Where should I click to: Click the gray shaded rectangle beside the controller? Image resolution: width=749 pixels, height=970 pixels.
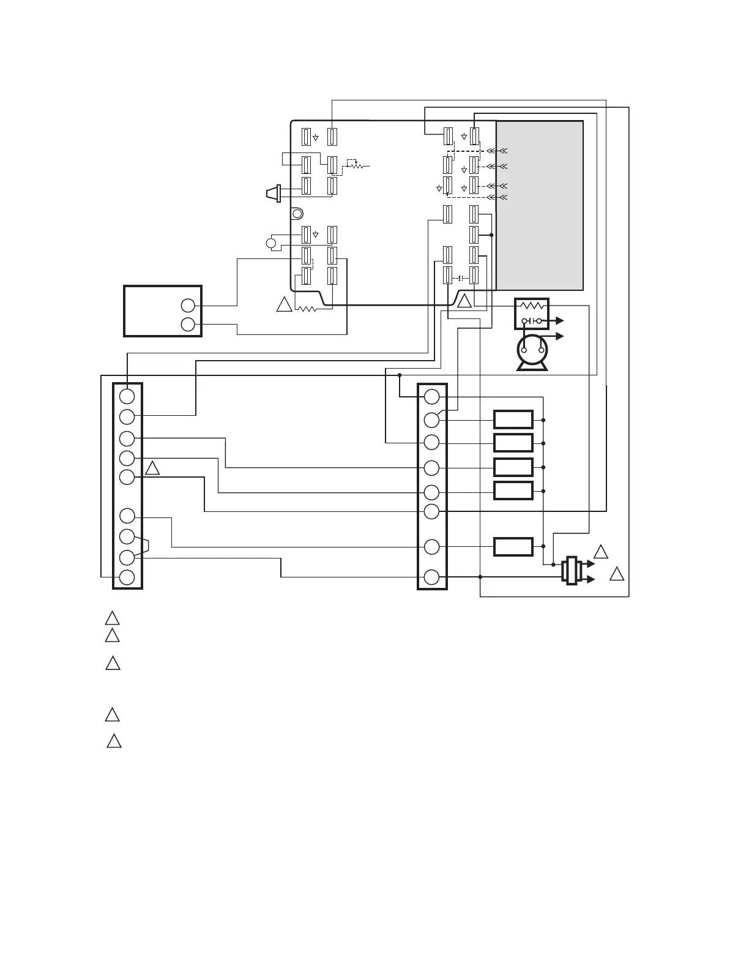pyautogui.click(x=539, y=205)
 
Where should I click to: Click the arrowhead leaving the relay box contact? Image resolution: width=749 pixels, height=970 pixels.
pyautogui.click(x=559, y=320)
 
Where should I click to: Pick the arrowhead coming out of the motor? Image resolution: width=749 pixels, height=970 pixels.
pyautogui.click(x=559, y=336)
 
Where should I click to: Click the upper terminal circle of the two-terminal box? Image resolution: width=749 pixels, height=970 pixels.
pyautogui.click(x=188, y=306)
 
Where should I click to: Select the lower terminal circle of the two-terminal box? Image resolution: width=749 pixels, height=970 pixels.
pyautogui.click(x=188, y=325)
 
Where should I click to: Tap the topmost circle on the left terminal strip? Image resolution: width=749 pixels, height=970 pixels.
pyautogui.click(x=127, y=396)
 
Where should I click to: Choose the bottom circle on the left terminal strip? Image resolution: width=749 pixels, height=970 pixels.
pyautogui.click(x=127, y=577)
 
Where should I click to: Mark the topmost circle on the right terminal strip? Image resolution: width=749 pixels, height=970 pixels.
pyautogui.click(x=432, y=397)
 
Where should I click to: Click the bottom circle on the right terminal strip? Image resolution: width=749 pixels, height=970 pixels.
pyautogui.click(x=432, y=577)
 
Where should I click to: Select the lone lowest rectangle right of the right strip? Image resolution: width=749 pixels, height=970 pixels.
pyautogui.click(x=513, y=546)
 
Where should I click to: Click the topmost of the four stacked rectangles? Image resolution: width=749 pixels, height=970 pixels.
pyautogui.click(x=513, y=419)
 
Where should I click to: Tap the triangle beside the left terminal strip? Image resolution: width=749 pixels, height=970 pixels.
pyautogui.click(x=152, y=469)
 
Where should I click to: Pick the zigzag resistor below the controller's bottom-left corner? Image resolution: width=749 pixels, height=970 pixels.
pyautogui.click(x=306, y=309)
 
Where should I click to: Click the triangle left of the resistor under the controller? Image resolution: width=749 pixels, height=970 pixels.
pyautogui.click(x=284, y=304)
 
